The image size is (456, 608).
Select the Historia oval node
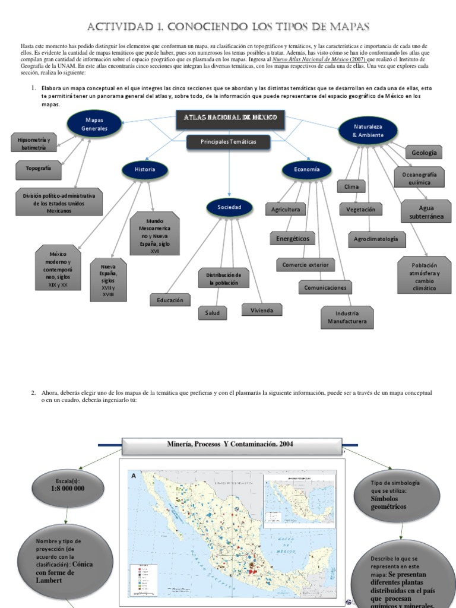coord(144,169)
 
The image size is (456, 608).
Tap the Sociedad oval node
coord(229,207)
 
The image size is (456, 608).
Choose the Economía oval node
coord(306,169)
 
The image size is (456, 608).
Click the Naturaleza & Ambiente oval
coord(368,131)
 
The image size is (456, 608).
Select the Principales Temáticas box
coord(229,142)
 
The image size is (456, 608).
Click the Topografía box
coord(39,169)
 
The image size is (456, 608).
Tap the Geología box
coord(423,153)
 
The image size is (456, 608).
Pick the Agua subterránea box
coord(426,213)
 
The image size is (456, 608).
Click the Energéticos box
coord(293,239)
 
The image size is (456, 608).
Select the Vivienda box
coord(261,309)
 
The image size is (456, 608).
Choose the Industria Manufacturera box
coord(347,317)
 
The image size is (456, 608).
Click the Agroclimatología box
coord(379,239)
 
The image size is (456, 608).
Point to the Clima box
coord(351,186)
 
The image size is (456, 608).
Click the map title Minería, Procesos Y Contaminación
coord(230,444)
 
